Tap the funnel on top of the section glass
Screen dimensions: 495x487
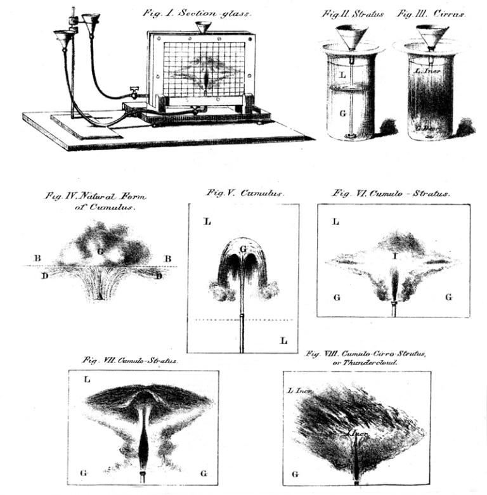(203, 29)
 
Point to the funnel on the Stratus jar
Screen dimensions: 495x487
(350, 37)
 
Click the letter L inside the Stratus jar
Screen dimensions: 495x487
(342, 75)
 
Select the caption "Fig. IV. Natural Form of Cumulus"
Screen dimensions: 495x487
(96, 201)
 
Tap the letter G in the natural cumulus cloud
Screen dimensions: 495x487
(100, 251)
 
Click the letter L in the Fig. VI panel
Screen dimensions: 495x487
(335, 222)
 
